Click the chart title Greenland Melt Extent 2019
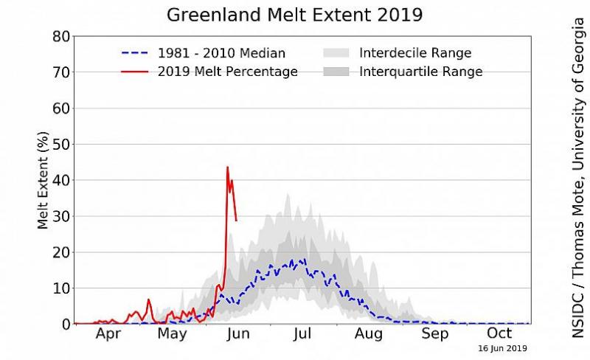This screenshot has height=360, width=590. point(294,15)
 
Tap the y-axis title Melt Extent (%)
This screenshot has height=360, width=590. point(44,180)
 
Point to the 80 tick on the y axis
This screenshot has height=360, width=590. point(60,37)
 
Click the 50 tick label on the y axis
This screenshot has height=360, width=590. point(60,145)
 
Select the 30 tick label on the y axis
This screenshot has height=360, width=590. point(60,216)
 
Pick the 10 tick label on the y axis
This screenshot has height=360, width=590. point(60,288)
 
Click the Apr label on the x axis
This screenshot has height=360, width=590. point(109,334)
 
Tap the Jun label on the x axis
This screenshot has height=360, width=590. point(237,334)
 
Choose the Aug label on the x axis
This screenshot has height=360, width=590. point(367,334)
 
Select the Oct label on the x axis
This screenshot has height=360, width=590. point(499,334)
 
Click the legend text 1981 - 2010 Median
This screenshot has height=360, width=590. point(221,53)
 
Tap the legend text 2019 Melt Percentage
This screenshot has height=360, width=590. point(228,72)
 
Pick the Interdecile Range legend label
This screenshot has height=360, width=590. point(415,53)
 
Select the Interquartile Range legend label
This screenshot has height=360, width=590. point(420,72)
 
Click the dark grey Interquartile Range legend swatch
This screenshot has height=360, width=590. point(336,72)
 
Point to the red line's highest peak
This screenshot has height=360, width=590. point(227,167)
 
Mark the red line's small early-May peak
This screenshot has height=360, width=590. point(148,300)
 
